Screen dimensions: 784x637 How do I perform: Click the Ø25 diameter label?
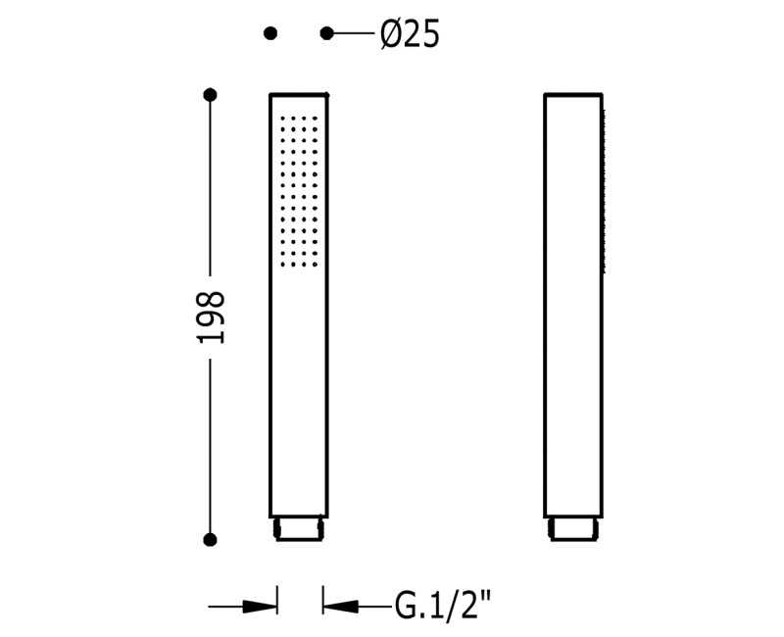(x=410, y=34)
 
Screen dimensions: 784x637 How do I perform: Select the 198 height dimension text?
(x=210, y=317)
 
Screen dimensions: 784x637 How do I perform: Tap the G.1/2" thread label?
(x=443, y=605)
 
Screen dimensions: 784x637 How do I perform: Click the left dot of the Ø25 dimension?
(x=270, y=33)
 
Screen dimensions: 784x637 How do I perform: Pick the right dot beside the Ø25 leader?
(x=326, y=33)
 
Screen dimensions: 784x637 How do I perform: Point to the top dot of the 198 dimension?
(x=210, y=94)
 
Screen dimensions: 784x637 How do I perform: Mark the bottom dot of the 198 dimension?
(x=210, y=540)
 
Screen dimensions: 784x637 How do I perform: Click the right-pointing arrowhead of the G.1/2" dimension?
(x=259, y=607)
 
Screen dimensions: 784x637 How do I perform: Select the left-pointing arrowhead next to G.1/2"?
(x=340, y=607)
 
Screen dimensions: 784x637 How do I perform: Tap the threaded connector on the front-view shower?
(x=299, y=529)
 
